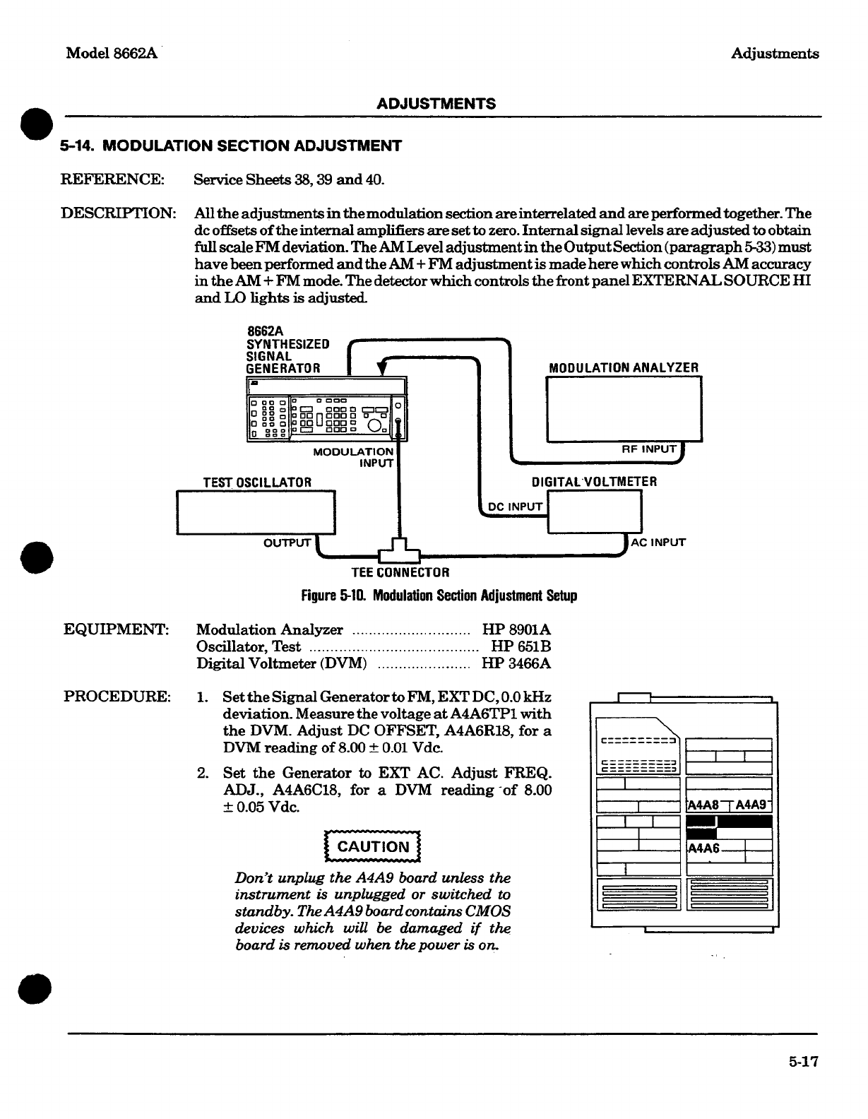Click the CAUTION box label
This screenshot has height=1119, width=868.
(x=372, y=847)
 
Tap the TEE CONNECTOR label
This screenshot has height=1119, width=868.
(x=400, y=572)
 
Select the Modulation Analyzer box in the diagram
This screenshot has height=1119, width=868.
(x=624, y=410)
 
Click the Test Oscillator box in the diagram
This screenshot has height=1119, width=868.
(x=256, y=513)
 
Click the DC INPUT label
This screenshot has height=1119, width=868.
(x=516, y=507)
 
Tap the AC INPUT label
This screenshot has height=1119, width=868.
(x=658, y=543)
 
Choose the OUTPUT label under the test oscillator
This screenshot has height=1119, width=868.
(x=287, y=543)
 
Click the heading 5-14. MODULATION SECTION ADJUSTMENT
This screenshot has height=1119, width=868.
(x=231, y=146)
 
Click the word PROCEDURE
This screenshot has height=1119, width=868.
(x=117, y=697)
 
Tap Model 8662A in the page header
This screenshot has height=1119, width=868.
(x=110, y=54)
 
